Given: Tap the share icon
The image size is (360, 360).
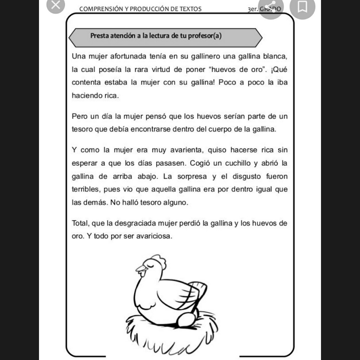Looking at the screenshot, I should [x=270, y=7].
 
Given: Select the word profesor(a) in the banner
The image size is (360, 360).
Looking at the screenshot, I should [x=205, y=36].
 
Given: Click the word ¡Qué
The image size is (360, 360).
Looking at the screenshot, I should [x=279, y=70].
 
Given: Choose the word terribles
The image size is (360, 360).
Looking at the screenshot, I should [x=85, y=189].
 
